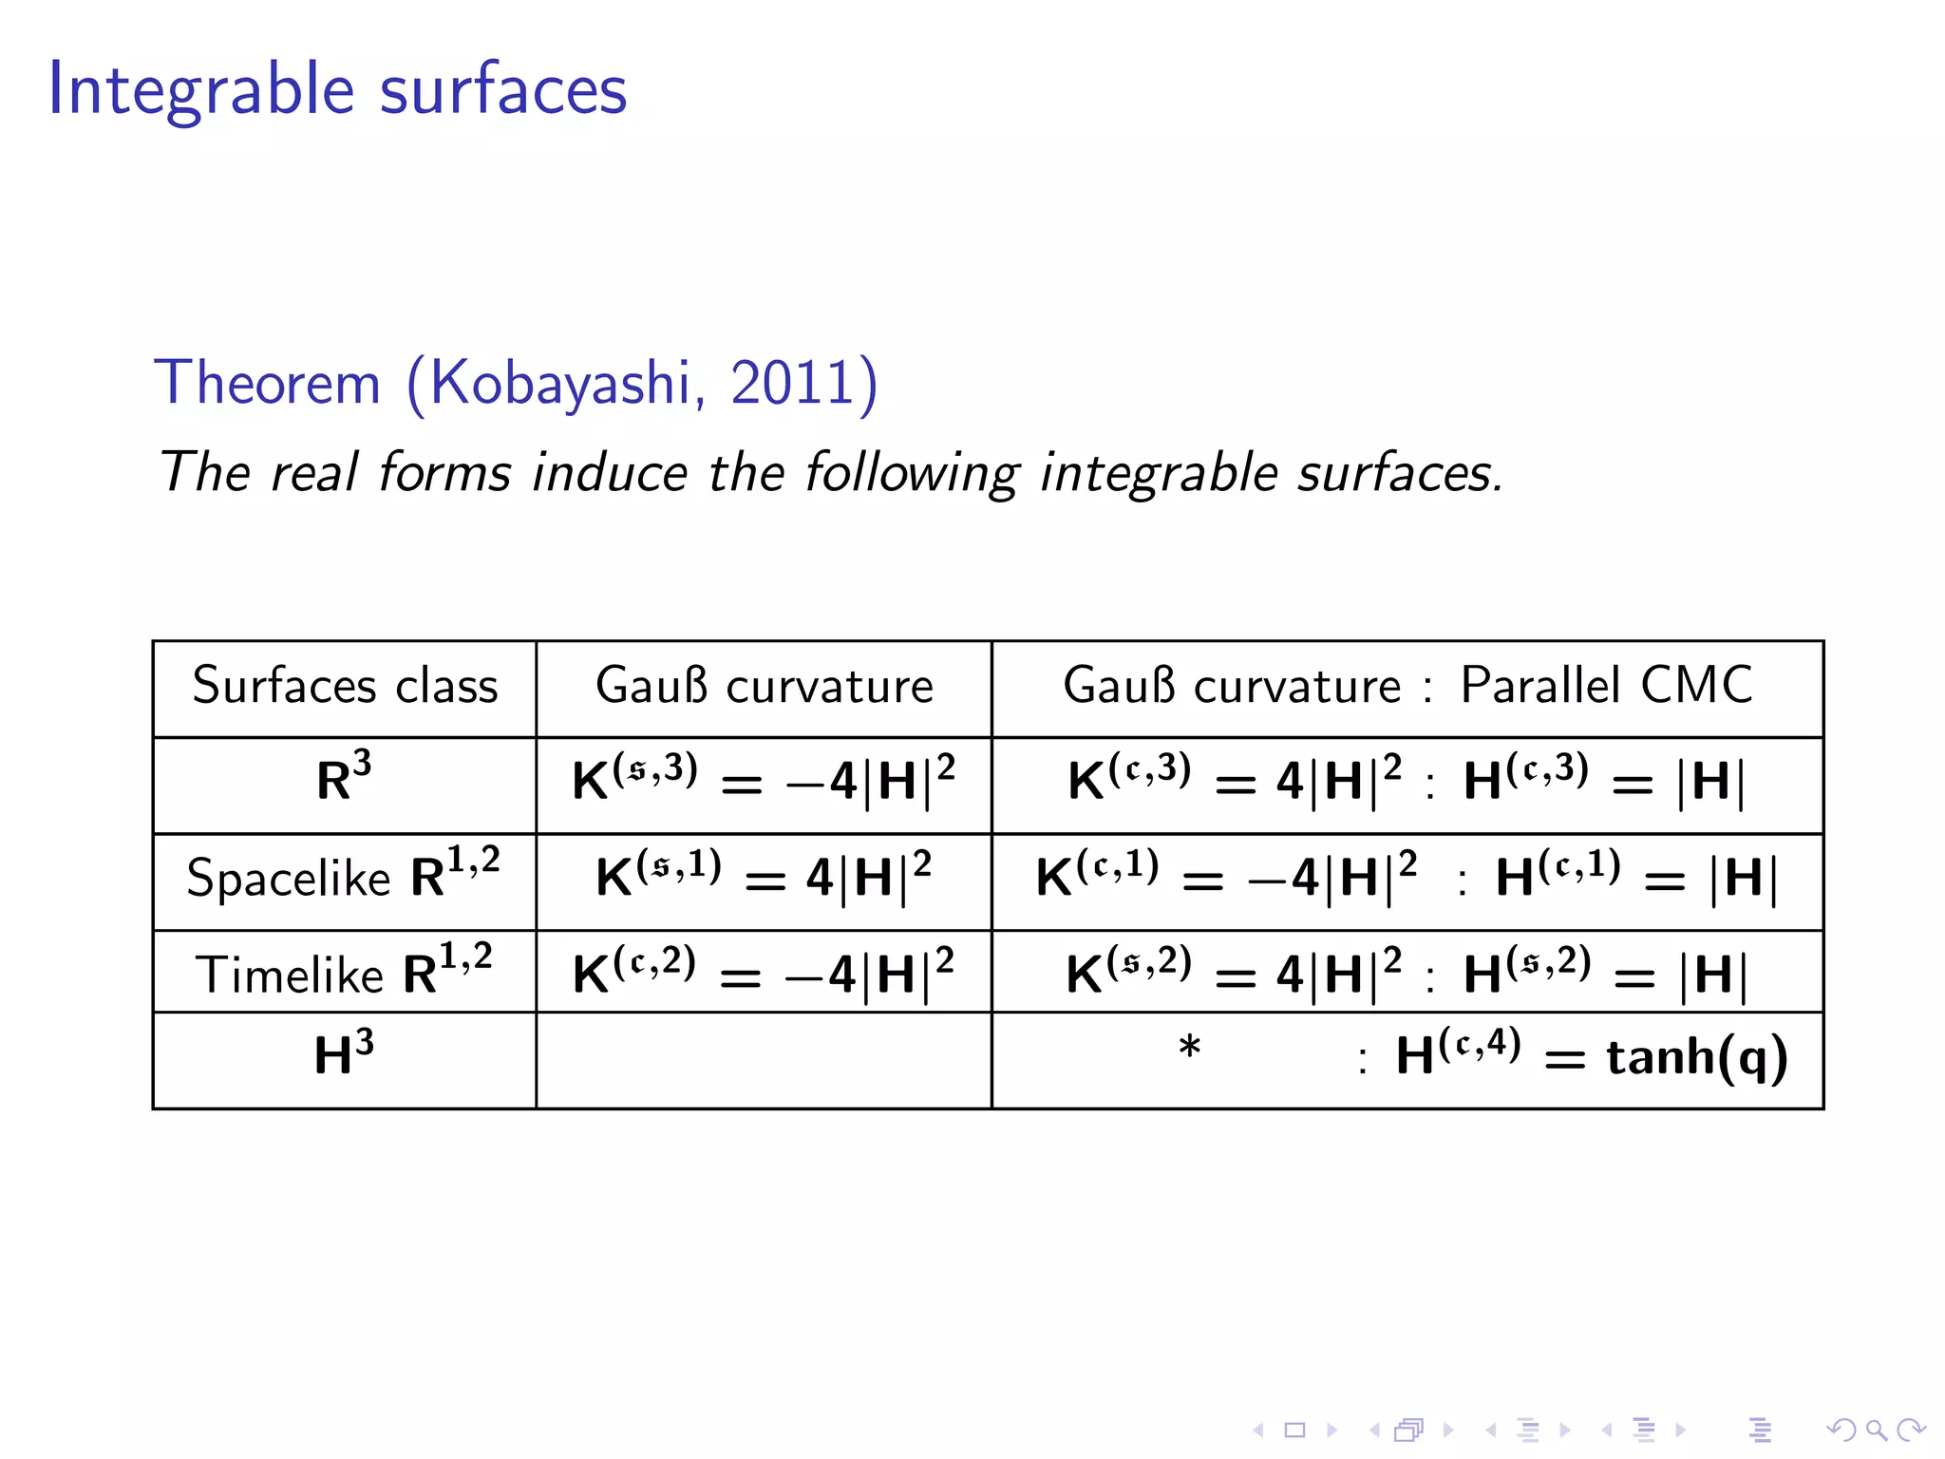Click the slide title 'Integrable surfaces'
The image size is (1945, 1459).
(x=337, y=88)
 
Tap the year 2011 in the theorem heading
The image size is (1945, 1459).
(x=792, y=383)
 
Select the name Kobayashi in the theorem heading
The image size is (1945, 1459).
(x=560, y=383)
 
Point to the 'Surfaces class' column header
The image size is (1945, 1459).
(x=345, y=686)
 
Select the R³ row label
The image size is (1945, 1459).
(x=344, y=779)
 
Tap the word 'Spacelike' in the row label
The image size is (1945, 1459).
(x=288, y=878)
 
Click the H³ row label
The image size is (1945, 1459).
(x=344, y=1054)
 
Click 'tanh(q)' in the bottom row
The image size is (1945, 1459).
(x=1697, y=1057)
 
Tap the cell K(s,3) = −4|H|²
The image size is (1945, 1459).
(x=764, y=781)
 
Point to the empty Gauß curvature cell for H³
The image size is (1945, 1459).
(x=764, y=1060)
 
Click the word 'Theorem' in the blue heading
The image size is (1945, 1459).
(x=268, y=383)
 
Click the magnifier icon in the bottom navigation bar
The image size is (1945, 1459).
(x=1876, y=1430)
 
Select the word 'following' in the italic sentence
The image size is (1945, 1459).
(x=913, y=472)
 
